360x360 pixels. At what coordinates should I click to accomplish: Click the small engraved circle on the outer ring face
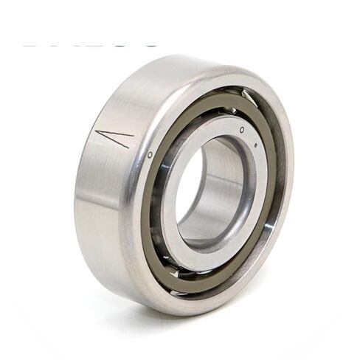150,156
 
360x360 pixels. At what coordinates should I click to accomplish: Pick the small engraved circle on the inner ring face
243,129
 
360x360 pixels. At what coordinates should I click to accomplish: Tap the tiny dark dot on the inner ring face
256,145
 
